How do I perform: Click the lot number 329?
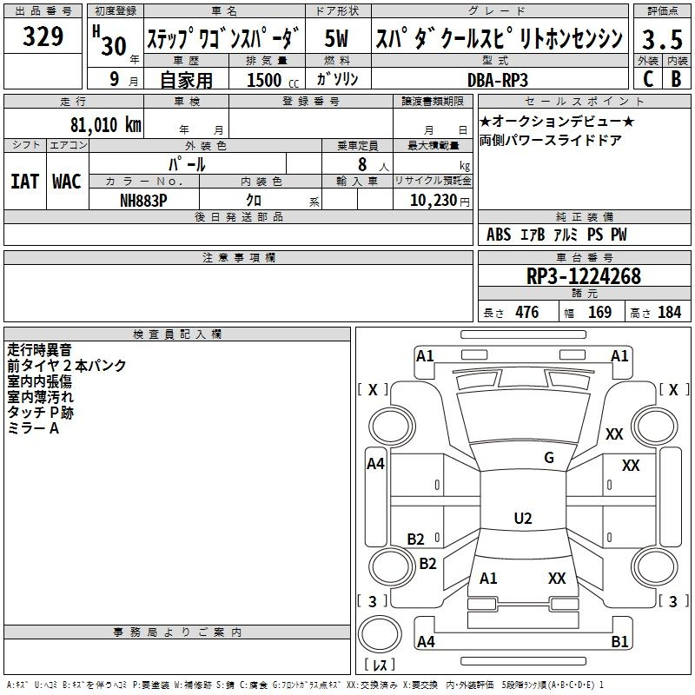pos(43,37)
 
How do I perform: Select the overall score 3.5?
pos(661,39)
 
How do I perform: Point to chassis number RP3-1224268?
pos(583,276)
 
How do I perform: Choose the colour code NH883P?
pos(143,200)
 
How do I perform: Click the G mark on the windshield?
pos(549,458)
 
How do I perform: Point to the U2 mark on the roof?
pos(522,519)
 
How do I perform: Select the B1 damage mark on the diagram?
pos(619,642)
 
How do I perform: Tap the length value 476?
pos(526,313)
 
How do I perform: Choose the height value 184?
pos(669,313)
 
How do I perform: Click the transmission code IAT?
pos(24,182)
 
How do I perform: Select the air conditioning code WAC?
pos(66,182)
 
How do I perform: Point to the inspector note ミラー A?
pos(33,428)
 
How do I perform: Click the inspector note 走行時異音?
pos(39,350)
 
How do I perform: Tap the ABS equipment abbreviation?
pos(499,235)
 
